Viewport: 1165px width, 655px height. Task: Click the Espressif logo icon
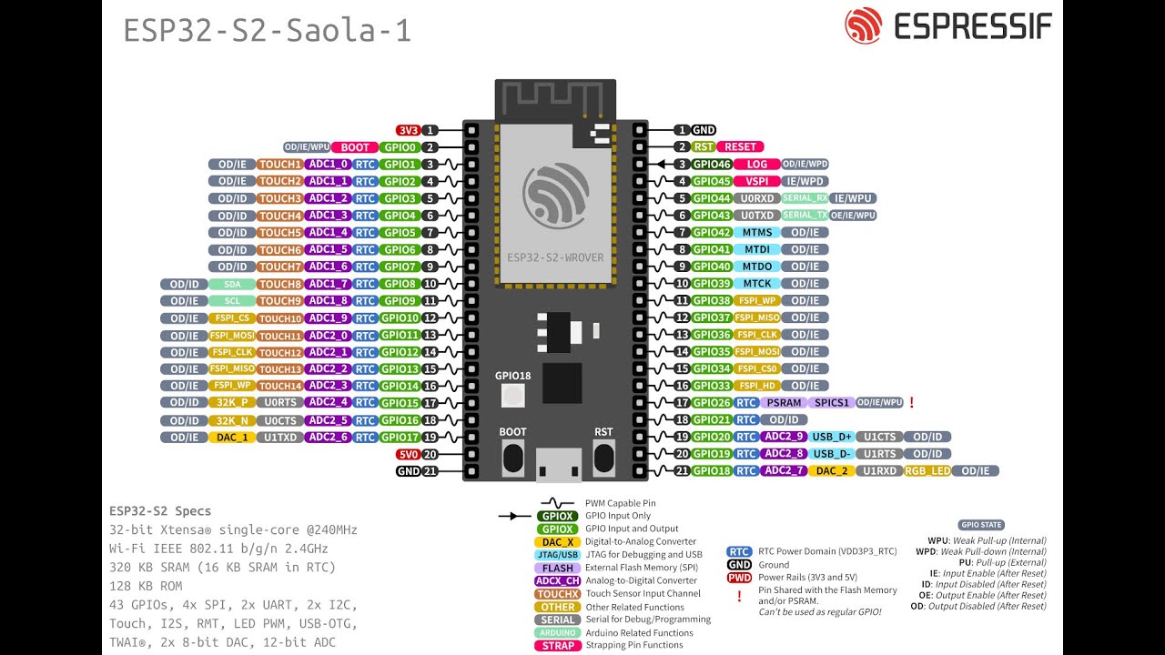pos(864,26)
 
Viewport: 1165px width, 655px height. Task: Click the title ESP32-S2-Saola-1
pos(268,31)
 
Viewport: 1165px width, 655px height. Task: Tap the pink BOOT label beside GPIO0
pos(355,147)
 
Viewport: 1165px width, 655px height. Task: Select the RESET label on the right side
pos(740,146)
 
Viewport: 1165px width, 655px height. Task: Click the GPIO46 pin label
pos(712,165)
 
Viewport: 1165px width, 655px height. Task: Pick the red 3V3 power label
pos(407,130)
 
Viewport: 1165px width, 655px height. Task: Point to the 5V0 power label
pos(407,454)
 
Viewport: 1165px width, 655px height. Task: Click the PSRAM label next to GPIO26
pos(784,402)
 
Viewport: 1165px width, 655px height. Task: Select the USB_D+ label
pos(832,437)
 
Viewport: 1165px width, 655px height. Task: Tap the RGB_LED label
pos(927,470)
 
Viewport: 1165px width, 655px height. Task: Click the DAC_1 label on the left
pos(232,437)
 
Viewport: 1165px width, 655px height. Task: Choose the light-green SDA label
pos(232,284)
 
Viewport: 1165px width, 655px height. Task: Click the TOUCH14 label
pos(279,386)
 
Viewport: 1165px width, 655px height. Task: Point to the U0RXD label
pos(756,198)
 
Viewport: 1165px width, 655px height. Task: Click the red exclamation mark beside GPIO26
pos(911,402)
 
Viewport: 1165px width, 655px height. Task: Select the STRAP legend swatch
pos(557,646)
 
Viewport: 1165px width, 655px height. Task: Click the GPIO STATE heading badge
pos(981,525)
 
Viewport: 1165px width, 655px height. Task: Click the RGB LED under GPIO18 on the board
pos(513,396)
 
